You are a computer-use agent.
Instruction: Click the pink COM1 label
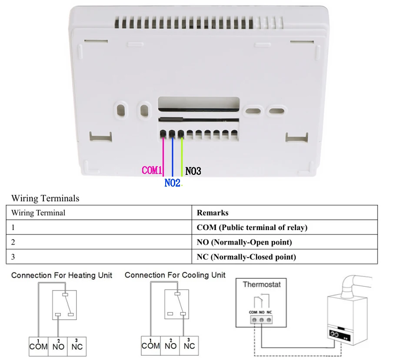(x=152, y=170)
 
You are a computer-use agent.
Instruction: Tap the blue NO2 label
(x=172, y=183)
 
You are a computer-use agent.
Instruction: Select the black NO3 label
(x=193, y=171)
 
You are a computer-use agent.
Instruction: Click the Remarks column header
(x=213, y=213)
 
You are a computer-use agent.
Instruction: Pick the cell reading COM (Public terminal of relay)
(x=252, y=227)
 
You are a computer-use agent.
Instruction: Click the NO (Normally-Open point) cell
(x=244, y=242)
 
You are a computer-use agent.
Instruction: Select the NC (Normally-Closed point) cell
(x=246, y=257)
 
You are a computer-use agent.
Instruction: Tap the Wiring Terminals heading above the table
(x=45, y=198)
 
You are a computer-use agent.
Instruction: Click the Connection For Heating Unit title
(x=62, y=275)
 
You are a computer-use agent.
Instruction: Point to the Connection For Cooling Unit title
(x=175, y=275)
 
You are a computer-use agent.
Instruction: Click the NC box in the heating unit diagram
(x=77, y=346)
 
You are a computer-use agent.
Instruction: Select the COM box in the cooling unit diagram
(x=151, y=345)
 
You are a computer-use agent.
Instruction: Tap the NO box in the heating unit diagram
(x=58, y=346)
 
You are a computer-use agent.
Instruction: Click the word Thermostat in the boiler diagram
(x=262, y=284)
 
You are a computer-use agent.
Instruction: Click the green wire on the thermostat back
(x=182, y=157)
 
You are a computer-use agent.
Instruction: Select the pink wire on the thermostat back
(x=163, y=157)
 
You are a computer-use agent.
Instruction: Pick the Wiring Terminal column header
(x=38, y=213)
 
